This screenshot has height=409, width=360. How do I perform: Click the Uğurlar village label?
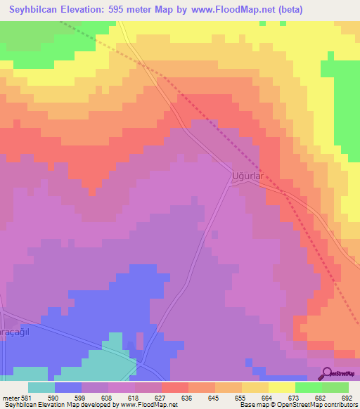(247, 177)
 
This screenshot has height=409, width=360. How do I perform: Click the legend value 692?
(347, 398)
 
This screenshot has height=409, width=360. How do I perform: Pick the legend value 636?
(186, 398)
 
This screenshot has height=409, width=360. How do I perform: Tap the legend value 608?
(106, 398)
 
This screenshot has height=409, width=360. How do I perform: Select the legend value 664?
(266, 398)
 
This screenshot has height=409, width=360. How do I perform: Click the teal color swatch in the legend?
(41, 387)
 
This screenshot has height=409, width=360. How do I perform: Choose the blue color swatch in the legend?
(68, 387)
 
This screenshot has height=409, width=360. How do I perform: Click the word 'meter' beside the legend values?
(11, 398)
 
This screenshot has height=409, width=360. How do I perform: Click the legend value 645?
(213, 398)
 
